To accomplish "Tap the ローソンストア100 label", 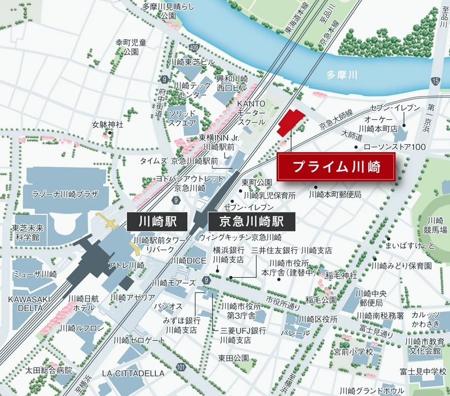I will coord(394,148).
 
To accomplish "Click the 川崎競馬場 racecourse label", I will coord(437,225).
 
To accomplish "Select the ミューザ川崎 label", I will coord(36,274).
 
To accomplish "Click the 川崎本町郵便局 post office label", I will coord(335,194).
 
